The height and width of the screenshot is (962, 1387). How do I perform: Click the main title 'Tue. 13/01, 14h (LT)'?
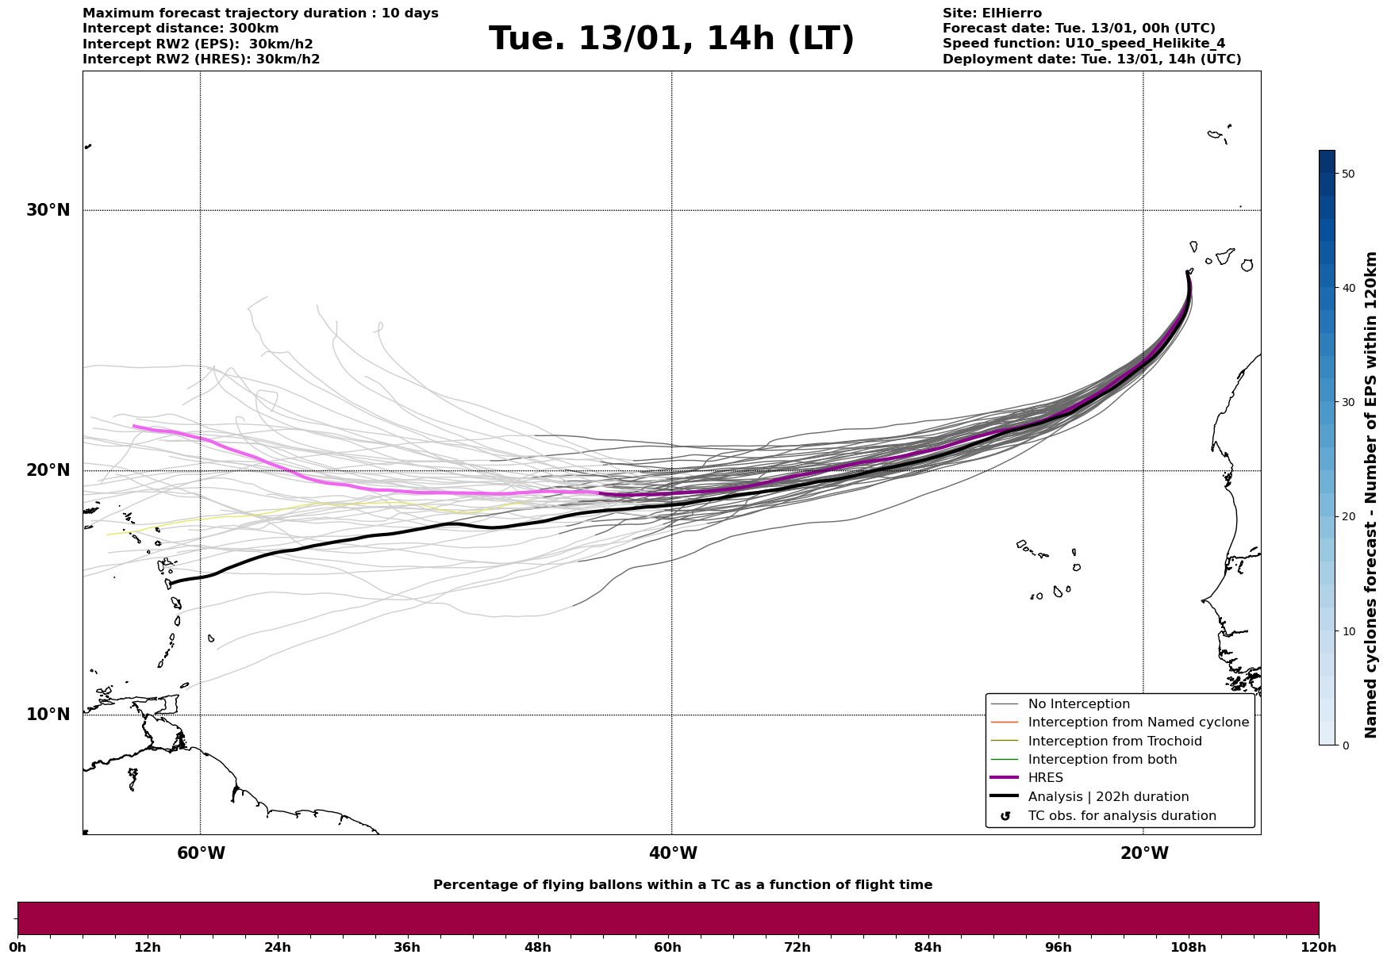(x=671, y=39)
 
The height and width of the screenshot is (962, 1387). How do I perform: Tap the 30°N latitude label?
(x=48, y=210)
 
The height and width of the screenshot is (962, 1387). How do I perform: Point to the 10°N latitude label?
(x=48, y=715)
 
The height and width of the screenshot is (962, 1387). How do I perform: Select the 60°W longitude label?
(x=201, y=853)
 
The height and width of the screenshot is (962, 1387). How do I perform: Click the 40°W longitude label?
(x=673, y=853)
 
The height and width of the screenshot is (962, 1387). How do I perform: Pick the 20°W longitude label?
(x=1144, y=853)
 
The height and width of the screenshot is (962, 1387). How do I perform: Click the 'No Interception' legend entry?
(x=1078, y=704)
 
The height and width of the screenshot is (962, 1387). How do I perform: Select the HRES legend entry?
(x=1045, y=778)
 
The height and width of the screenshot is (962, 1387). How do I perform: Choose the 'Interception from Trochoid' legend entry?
(x=1114, y=742)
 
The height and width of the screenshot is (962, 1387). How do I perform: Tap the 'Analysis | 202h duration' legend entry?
(x=1108, y=797)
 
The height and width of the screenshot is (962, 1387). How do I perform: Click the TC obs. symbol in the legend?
(x=1005, y=816)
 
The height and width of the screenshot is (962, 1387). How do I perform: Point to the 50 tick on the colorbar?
(x=1348, y=174)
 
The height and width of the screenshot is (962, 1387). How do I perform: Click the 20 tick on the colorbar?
(x=1348, y=516)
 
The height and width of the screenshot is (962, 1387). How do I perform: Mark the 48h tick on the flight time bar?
(x=537, y=947)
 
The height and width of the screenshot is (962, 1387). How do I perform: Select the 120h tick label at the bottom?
(x=1319, y=947)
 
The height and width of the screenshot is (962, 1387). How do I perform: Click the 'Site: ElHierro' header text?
(x=992, y=13)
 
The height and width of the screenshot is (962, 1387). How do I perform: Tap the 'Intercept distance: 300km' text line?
(x=181, y=29)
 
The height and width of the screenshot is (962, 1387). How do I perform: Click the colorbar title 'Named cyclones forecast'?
(x=1370, y=495)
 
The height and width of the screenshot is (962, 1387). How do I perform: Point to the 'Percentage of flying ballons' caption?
(x=682, y=885)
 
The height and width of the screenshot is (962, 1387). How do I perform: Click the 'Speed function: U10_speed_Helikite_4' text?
(x=1084, y=44)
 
